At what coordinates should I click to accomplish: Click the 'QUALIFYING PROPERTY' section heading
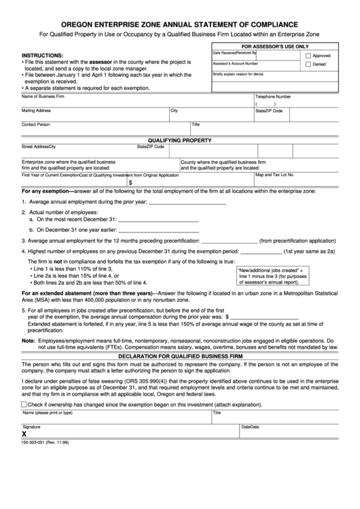coord(180,140)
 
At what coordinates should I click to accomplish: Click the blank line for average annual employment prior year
coord(187,202)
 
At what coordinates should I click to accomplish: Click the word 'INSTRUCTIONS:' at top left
coord(43,55)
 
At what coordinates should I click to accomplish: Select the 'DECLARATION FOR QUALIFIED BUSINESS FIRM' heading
coord(180,355)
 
